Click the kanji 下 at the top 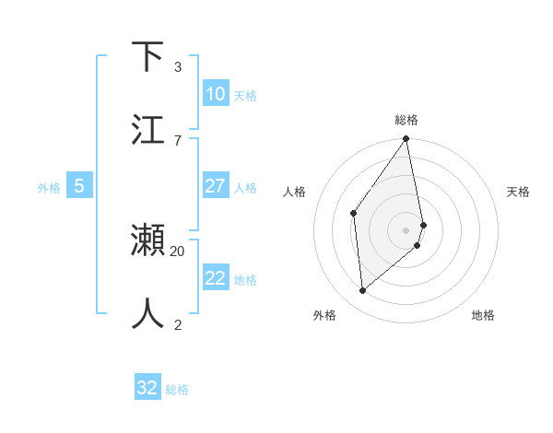point(147,57)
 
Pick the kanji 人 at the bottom point(147,313)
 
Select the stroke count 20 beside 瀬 point(178,250)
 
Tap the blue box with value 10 point(216,94)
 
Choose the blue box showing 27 point(216,186)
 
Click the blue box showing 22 point(216,278)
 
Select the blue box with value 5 point(79,186)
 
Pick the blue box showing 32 point(147,388)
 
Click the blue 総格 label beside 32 point(177,390)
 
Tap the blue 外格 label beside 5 point(49,188)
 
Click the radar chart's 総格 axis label point(406,120)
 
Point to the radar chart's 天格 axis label point(518,192)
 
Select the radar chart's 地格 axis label point(483,315)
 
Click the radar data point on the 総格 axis point(406,139)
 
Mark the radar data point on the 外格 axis point(363,290)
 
